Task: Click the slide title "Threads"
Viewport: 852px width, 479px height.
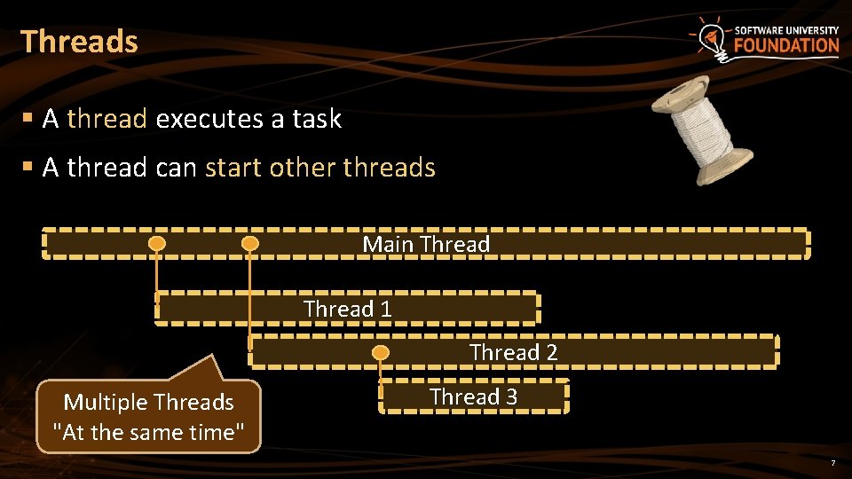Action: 79,42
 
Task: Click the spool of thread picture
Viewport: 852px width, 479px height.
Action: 701,129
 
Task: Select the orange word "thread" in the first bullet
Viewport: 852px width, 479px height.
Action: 106,119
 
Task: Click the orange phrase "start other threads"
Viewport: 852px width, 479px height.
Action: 320,168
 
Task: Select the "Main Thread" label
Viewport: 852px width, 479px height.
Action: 426,244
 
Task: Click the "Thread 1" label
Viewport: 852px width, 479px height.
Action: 347,309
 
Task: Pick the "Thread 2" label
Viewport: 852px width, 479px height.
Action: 513,352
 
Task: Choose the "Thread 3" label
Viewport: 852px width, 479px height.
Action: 473,397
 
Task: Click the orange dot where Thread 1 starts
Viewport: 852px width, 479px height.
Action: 157,243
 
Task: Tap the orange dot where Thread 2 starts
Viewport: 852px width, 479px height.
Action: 250,243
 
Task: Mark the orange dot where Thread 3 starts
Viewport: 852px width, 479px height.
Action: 381,353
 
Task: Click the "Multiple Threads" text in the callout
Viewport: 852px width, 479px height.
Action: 148,403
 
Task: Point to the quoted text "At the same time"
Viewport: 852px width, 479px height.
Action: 148,433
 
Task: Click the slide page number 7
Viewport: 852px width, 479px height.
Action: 832,464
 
